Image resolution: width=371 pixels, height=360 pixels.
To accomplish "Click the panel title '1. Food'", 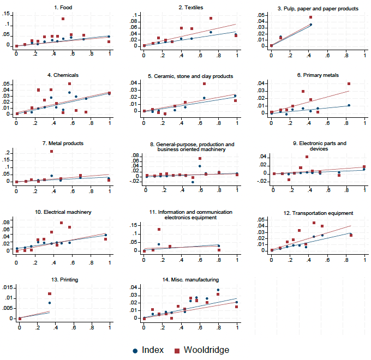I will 63,8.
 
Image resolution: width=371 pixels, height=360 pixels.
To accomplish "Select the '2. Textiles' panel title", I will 190,8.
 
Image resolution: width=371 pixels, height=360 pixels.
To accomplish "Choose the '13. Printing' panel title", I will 63,279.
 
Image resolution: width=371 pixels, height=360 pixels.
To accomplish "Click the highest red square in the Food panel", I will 63,19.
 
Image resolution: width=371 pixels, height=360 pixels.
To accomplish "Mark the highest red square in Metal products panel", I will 52,152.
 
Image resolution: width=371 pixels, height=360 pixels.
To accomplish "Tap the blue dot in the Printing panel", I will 50,303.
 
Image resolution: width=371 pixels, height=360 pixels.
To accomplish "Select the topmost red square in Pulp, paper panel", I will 310,17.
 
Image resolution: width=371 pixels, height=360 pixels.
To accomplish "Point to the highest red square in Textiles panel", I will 211,19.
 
